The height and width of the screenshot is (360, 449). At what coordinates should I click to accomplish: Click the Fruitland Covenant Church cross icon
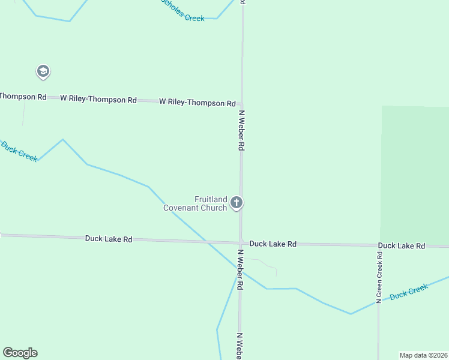click(x=237, y=203)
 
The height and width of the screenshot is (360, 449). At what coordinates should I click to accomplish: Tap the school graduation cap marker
click(x=43, y=72)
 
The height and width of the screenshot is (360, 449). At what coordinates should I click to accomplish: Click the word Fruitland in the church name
click(x=210, y=200)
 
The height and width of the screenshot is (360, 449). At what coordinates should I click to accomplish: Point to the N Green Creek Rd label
click(x=379, y=277)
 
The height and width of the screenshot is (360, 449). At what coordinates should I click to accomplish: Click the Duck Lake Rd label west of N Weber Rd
click(x=109, y=239)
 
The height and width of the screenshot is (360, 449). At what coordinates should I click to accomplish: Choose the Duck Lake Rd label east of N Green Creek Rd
click(x=402, y=246)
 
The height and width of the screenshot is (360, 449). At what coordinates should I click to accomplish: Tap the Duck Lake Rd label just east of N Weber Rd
click(x=273, y=244)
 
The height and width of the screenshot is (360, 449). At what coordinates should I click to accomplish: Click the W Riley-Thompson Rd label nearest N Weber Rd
click(x=197, y=103)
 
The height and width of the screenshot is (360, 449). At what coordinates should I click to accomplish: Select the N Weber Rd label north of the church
click(x=242, y=130)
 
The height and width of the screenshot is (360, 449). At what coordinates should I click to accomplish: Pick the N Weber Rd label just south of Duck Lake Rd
click(x=240, y=270)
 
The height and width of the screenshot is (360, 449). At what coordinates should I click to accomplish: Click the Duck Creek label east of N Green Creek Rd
click(x=409, y=293)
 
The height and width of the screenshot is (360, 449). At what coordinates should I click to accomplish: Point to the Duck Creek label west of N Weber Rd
click(x=19, y=151)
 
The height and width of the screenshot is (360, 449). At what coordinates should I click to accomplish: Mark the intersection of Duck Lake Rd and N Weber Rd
click(x=240, y=243)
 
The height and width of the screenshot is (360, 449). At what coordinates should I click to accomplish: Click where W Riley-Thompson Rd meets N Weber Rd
click(x=242, y=103)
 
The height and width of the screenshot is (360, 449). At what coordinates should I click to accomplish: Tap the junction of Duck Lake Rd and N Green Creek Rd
click(x=379, y=245)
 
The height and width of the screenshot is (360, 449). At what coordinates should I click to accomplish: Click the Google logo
click(x=20, y=352)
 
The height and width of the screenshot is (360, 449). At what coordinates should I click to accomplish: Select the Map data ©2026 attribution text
click(x=424, y=355)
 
